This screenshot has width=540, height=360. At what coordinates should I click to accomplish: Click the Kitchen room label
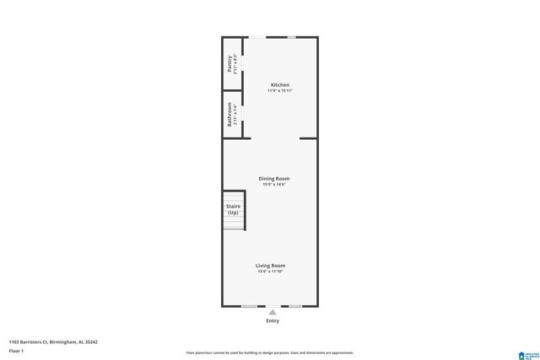click(x=280, y=84)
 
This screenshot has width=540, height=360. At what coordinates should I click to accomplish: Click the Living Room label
click(x=271, y=266)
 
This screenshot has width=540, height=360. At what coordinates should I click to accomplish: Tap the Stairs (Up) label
click(x=233, y=209)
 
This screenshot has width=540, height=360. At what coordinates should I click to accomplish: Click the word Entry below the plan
click(x=272, y=320)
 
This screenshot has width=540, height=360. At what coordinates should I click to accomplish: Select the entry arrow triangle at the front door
click(x=272, y=312)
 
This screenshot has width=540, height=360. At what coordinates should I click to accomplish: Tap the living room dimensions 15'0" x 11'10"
click(x=271, y=271)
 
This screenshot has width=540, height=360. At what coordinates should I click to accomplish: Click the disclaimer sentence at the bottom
click(x=270, y=352)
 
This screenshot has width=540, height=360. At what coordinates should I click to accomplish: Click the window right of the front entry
click(x=294, y=305)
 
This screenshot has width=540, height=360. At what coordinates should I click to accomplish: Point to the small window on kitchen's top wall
click(x=292, y=37)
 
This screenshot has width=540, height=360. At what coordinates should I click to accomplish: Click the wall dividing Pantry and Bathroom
click(x=233, y=89)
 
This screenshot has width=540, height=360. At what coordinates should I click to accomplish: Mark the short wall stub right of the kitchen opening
click(x=309, y=138)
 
